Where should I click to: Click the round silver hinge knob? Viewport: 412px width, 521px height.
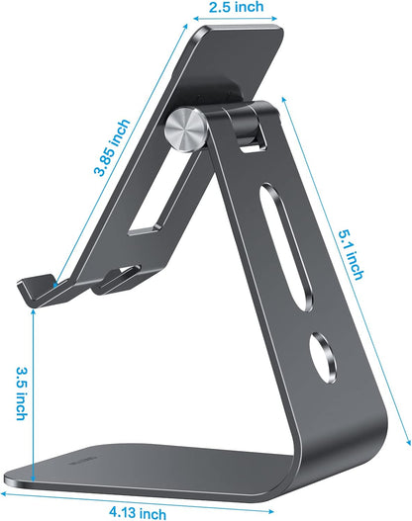click(x=185, y=130)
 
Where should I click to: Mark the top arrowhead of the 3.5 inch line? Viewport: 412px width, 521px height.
click(x=34, y=308)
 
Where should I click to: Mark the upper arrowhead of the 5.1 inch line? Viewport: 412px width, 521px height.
click(x=286, y=97)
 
